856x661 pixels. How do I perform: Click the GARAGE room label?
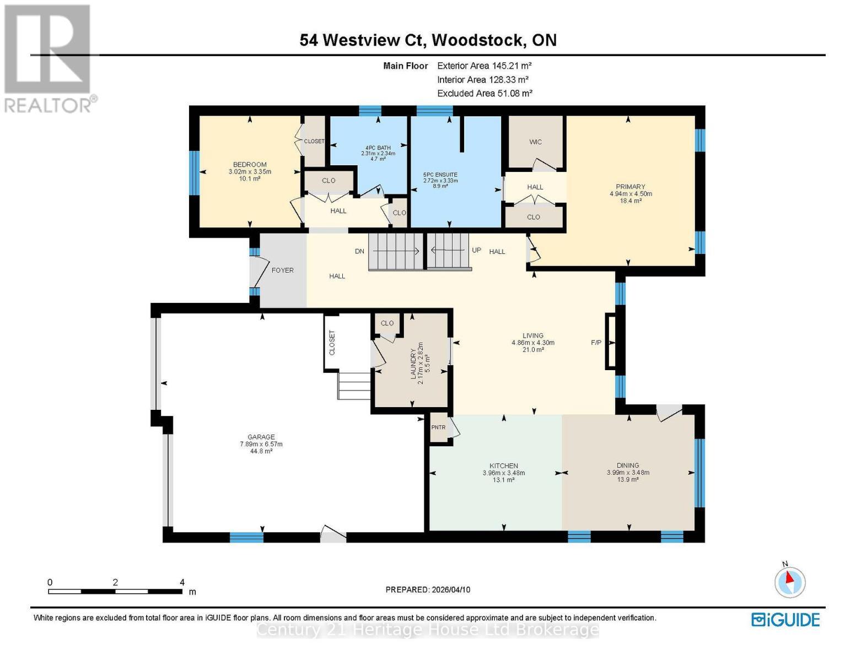tap(261, 437)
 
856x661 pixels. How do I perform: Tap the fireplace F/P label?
tap(596, 343)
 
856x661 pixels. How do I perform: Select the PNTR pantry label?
tap(438, 427)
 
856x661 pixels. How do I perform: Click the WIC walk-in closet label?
tap(535, 142)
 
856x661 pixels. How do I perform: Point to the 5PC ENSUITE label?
tap(440, 175)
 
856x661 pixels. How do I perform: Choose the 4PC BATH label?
tap(378, 148)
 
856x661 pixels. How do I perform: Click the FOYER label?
tap(282, 270)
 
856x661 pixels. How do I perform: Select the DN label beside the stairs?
tap(359, 251)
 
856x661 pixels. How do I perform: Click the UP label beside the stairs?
tap(476, 250)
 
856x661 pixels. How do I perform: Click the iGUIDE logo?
tap(785, 620)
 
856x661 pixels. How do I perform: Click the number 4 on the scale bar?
tap(182, 582)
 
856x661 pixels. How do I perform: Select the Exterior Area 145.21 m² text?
tap(484, 66)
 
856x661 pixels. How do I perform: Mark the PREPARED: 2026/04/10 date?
tap(428, 589)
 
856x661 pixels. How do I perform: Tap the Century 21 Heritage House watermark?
tap(428, 629)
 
